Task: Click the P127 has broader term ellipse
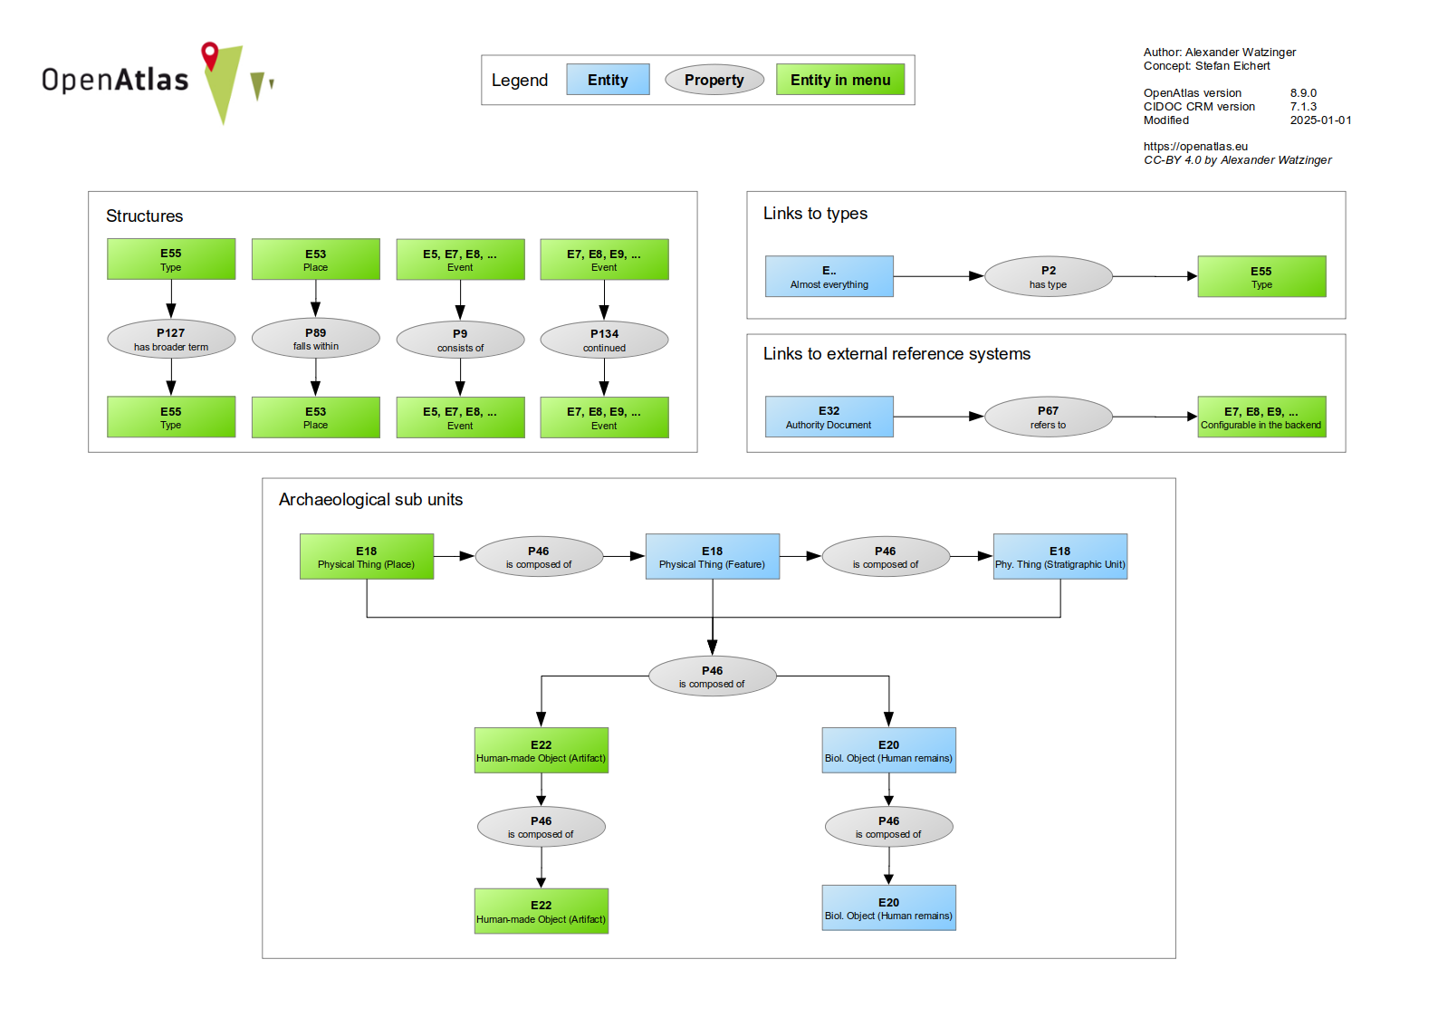(171, 340)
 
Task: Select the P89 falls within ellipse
(315, 339)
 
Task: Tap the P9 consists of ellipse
(460, 340)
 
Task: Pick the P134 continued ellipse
(604, 340)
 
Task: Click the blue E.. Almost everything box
(829, 276)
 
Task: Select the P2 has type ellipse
(1048, 276)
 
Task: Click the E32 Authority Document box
(829, 417)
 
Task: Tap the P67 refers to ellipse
(1048, 417)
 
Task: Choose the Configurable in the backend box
(1261, 417)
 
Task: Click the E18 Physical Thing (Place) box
(366, 556)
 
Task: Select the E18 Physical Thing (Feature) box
(712, 556)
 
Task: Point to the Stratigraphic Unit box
(1059, 556)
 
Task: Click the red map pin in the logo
(210, 54)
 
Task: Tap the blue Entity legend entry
(608, 80)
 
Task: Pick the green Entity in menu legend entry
(839, 80)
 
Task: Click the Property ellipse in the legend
(714, 80)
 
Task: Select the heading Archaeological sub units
(370, 500)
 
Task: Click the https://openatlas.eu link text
(1194, 147)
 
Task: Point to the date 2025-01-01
(1320, 120)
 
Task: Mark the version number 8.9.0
(1303, 93)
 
